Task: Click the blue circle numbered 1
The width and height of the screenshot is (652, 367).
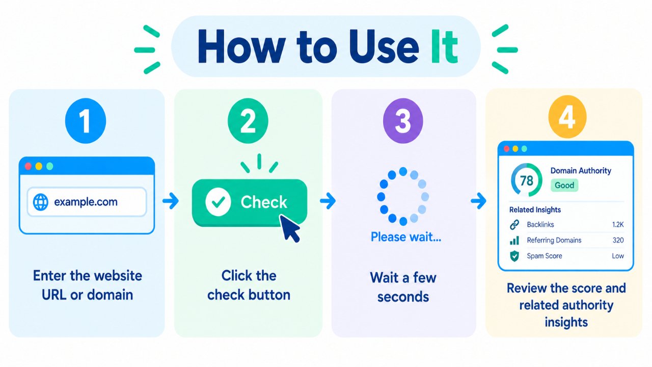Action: tap(86, 121)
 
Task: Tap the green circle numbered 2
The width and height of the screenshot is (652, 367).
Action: tap(248, 121)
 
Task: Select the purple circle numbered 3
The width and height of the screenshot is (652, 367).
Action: tap(403, 121)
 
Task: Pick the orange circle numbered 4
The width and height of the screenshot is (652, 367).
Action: tap(567, 117)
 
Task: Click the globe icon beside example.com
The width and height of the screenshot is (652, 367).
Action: tap(40, 202)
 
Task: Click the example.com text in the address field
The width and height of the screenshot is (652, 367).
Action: tap(86, 202)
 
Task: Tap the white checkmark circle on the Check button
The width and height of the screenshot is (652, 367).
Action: tap(219, 202)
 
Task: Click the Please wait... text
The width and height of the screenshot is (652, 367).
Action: tap(406, 237)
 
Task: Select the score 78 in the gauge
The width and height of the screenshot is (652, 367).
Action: tap(527, 180)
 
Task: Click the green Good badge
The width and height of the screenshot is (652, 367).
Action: tap(564, 185)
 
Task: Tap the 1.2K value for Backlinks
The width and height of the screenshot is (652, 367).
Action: tap(618, 225)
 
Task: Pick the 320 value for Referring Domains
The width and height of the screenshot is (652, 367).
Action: tap(618, 240)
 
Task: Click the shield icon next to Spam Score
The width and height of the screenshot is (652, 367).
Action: tap(514, 256)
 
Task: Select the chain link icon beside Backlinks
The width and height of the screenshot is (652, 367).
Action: tap(514, 225)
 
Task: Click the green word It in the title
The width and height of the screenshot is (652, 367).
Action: tap(444, 46)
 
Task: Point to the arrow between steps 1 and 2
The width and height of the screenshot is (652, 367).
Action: tap(171, 201)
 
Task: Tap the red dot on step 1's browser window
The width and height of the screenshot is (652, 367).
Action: tap(28, 166)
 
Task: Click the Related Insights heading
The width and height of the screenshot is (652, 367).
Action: tap(535, 209)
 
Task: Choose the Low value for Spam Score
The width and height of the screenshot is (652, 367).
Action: tap(618, 256)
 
